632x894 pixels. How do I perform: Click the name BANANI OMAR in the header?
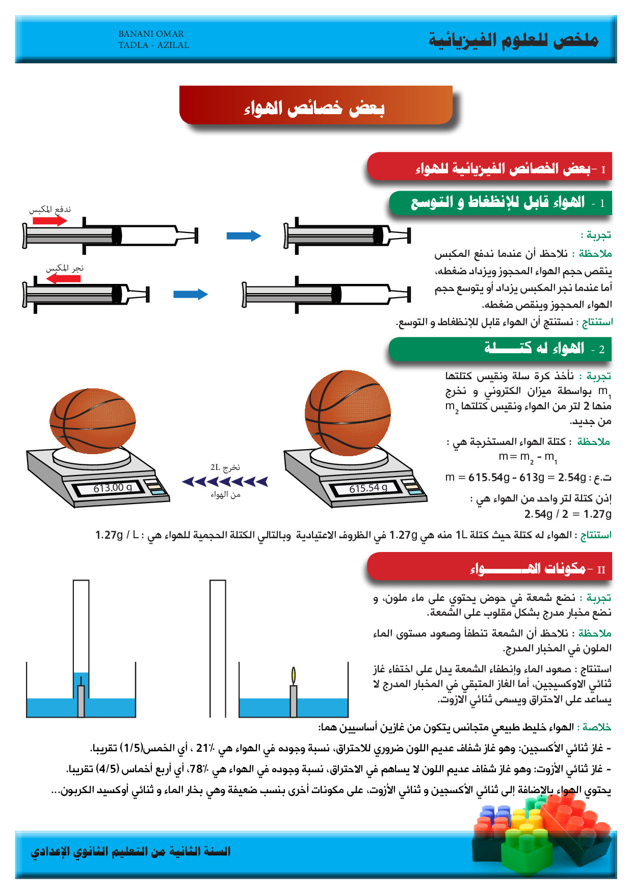click(x=151, y=34)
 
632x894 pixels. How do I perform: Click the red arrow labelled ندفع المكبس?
click(x=50, y=221)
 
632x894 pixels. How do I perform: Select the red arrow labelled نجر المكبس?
click(x=64, y=279)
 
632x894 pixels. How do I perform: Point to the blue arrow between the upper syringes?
click(x=244, y=235)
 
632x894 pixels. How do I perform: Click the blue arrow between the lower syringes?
click(x=191, y=294)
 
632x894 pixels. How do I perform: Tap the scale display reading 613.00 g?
click(x=113, y=488)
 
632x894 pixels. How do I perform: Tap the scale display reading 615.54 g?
click(x=368, y=488)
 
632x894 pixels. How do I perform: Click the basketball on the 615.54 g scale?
click(x=348, y=412)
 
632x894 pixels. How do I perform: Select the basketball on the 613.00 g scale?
click(x=93, y=421)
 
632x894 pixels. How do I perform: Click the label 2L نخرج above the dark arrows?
click(x=225, y=467)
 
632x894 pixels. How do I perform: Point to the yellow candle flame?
click(x=293, y=675)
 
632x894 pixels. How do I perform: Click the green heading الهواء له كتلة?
click(x=534, y=349)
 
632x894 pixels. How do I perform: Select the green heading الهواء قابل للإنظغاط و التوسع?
click(x=498, y=202)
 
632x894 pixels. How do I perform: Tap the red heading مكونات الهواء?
click(x=528, y=568)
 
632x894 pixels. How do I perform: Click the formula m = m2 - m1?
click(x=528, y=457)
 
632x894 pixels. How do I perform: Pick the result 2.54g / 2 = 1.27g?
click(x=568, y=514)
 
